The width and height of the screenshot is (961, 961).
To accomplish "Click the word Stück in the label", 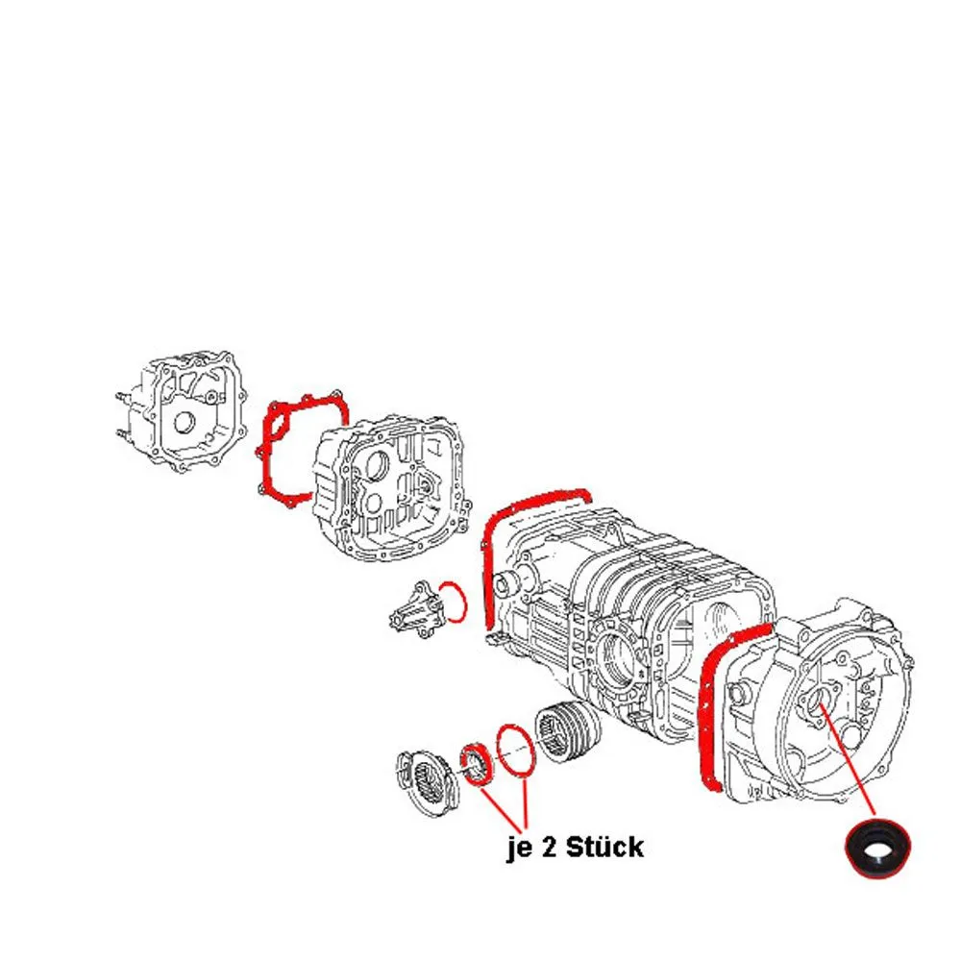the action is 604,847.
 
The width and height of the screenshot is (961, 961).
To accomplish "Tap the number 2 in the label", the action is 548,848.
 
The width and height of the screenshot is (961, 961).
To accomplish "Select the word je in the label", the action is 519,849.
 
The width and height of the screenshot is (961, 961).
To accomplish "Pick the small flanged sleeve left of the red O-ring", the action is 417,609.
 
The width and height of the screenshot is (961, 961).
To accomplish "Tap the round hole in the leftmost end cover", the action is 184,423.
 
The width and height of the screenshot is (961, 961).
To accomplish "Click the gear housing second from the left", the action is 393,488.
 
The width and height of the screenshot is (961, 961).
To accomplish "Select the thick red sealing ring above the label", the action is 476,764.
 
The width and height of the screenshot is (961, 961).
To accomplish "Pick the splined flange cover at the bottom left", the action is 428,782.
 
